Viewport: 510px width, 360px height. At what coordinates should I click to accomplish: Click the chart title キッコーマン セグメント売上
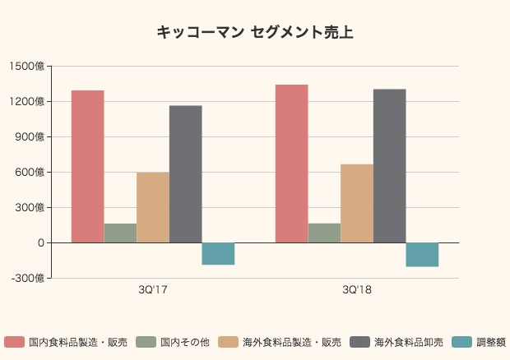pos(255,33)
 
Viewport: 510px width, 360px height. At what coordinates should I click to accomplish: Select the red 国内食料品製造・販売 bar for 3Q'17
pos(87,166)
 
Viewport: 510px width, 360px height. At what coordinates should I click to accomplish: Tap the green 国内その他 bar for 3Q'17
pos(120,233)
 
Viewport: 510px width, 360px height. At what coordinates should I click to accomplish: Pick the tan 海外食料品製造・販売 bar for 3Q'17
pos(153,207)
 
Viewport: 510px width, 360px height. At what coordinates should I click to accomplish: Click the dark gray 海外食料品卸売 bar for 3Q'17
pos(186,174)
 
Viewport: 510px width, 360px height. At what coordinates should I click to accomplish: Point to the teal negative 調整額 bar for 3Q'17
pos(218,253)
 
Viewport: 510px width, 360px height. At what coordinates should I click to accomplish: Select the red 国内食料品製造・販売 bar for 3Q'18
pos(291,164)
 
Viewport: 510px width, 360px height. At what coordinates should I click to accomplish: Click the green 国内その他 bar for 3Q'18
pos(324,233)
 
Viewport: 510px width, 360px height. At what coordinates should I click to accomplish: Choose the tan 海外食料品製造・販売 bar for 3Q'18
pos(357,204)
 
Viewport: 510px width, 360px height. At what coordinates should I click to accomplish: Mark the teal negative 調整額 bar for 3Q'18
pos(422,255)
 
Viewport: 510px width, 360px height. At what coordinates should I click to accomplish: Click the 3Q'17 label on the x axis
pos(153,290)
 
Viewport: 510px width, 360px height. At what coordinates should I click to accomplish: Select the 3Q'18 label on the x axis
pos(357,290)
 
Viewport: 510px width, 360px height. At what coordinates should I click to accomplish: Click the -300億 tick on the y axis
pos(27,279)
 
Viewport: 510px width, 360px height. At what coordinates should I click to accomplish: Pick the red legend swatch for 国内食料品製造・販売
pos(14,342)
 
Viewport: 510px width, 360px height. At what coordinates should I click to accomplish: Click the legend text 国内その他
pos(184,342)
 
